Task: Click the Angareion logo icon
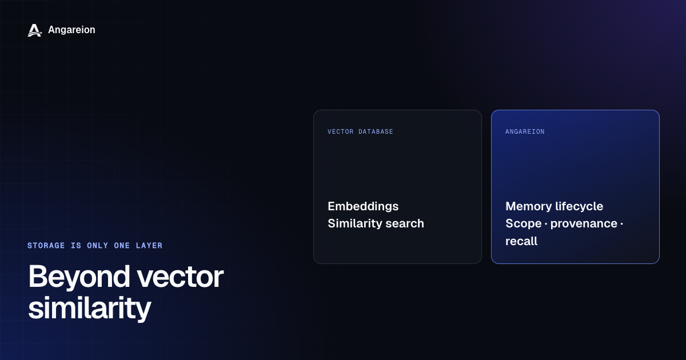pos(35,30)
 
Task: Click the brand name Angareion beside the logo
pos(71,30)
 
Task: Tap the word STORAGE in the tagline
pos(46,246)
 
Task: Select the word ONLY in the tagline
pos(97,246)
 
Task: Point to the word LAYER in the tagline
pos(149,246)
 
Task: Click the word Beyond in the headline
pos(79,277)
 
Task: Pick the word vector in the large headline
pos(180,277)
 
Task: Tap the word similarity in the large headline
pos(89,309)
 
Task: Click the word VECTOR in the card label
pos(341,131)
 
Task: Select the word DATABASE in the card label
pos(376,131)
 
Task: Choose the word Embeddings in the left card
pos(363,207)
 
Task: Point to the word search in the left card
pos(405,224)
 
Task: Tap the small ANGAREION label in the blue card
pos(525,131)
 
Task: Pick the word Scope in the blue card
pos(524,224)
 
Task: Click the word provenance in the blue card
pos(584,224)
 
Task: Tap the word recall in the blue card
pos(521,241)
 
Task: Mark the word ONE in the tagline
pos(122,246)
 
